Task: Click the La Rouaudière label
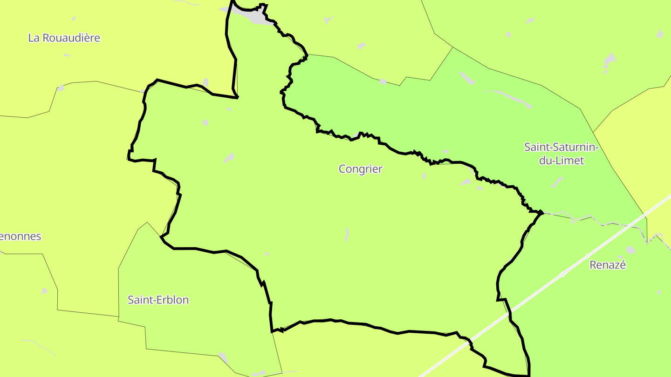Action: tap(64, 38)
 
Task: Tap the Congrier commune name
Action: tap(360, 169)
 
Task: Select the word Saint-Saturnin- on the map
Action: tap(561, 147)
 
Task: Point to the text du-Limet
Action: tap(561, 161)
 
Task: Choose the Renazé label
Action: tap(608, 265)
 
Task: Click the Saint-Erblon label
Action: tap(158, 300)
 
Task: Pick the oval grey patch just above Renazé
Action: tap(630, 250)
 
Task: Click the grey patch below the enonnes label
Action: tap(44, 291)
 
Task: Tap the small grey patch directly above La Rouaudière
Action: tap(73, 19)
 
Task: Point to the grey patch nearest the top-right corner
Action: tap(659, 34)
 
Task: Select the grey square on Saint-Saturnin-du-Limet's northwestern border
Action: tap(383, 81)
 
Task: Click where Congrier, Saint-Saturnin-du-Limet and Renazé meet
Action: tap(541, 212)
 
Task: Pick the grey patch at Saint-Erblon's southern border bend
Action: tap(224, 357)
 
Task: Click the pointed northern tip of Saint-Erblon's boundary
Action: tap(147, 222)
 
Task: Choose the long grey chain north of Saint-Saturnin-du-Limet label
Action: tap(510, 98)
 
